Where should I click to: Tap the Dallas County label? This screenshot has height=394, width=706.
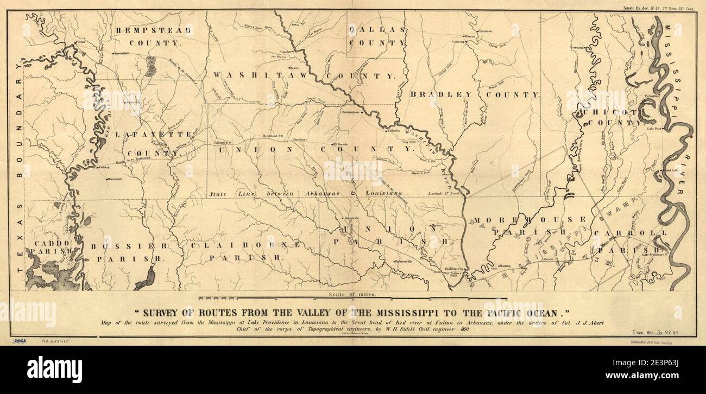[x=377, y=35]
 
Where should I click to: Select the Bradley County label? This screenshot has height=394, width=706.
[x=475, y=94]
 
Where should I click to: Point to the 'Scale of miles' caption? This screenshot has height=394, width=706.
[x=352, y=294]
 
